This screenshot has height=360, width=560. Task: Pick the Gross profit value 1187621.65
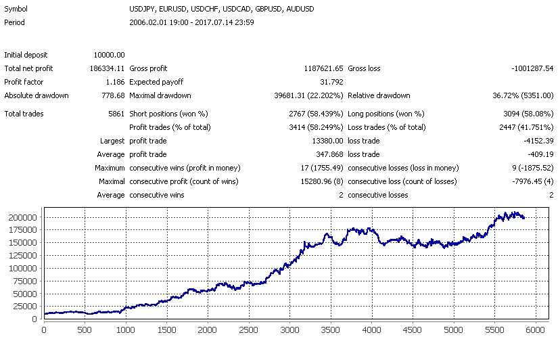[319, 68]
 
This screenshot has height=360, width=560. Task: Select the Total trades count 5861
[115, 114]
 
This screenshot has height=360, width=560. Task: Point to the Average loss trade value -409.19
[538, 154]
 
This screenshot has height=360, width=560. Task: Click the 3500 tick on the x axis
[330, 330]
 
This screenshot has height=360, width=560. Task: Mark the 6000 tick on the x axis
[535, 330]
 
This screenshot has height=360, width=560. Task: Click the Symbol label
[16, 9]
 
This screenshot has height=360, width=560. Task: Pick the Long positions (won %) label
[386, 114]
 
